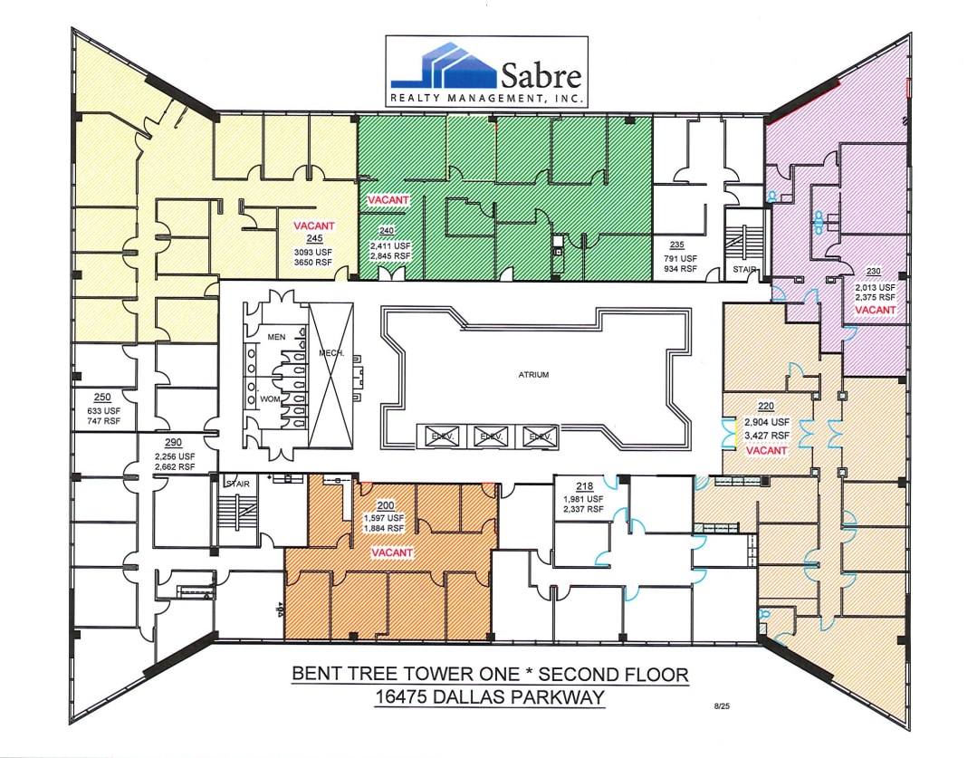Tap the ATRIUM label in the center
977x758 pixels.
click(533, 373)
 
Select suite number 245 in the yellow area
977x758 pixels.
click(314, 238)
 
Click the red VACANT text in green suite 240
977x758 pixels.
click(388, 199)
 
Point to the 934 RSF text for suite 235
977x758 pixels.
click(676, 268)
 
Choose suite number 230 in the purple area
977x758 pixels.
click(873, 271)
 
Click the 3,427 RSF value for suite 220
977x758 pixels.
click(767, 436)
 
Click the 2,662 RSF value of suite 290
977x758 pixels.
click(175, 467)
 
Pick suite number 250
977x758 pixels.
click(102, 398)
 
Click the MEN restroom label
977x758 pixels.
click(274, 338)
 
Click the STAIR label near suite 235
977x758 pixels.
click(743, 269)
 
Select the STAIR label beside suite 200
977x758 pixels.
click(238, 484)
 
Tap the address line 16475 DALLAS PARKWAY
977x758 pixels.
click(489, 697)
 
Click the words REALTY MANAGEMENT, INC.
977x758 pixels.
click(486, 97)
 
